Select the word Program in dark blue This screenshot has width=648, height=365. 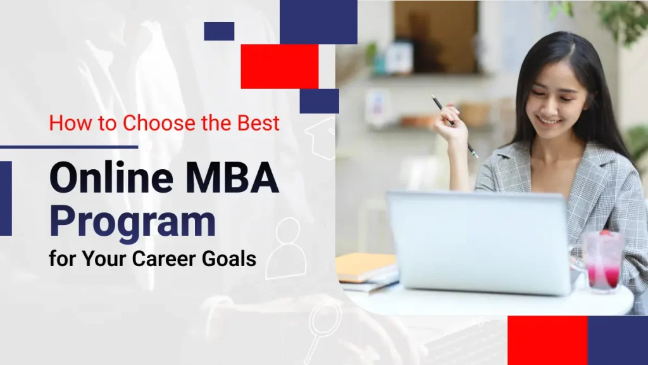(x=132, y=221)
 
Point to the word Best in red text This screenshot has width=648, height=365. (x=258, y=122)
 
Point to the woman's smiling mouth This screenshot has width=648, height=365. (x=549, y=120)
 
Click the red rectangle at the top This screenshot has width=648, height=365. (x=279, y=66)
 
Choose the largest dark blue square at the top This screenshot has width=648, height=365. (x=318, y=22)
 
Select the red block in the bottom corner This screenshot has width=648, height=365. (x=547, y=340)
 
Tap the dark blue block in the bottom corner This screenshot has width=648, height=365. (x=618, y=340)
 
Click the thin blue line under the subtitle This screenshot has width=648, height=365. (x=69, y=147)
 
